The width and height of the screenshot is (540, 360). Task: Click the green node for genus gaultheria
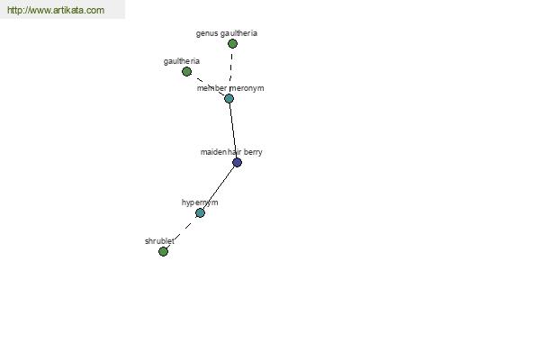pyautogui.click(x=232, y=43)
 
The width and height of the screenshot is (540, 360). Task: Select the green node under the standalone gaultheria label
pyautogui.click(x=186, y=71)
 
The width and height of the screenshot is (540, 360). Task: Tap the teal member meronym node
pyautogui.click(x=229, y=98)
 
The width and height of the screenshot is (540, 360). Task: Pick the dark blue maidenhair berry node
pyautogui.click(x=237, y=162)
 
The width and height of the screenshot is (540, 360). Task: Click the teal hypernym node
pyautogui.click(x=200, y=212)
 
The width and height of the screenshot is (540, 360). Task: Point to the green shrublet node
pyautogui.click(x=163, y=251)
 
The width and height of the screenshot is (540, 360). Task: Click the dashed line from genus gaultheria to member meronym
pyautogui.click(x=230, y=68)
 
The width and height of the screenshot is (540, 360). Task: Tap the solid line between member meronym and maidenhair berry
pyautogui.click(x=232, y=129)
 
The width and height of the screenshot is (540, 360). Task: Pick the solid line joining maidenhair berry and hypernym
pyautogui.click(x=219, y=187)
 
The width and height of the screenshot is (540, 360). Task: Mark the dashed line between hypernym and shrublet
pyautogui.click(x=181, y=232)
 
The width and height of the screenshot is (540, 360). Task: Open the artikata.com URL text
pyautogui.click(x=55, y=10)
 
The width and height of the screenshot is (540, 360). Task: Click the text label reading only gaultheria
pyautogui.click(x=182, y=61)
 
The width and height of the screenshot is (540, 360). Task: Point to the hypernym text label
pyautogui.click(x=200, y=202)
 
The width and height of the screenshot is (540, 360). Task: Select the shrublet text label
pyautogui.click(x=158, y=241)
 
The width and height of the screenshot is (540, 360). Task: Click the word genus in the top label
pyautogui.click(x=207, y=33)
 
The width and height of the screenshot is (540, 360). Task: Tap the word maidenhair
pyautogui.click(x=221, y=152)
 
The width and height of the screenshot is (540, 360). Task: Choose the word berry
pyautogui.click(x=253, y=152)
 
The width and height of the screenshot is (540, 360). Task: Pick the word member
pyautogui.click(x=212, y=88)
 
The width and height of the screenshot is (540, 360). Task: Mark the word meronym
pyautogui.click(x=247, y=88)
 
